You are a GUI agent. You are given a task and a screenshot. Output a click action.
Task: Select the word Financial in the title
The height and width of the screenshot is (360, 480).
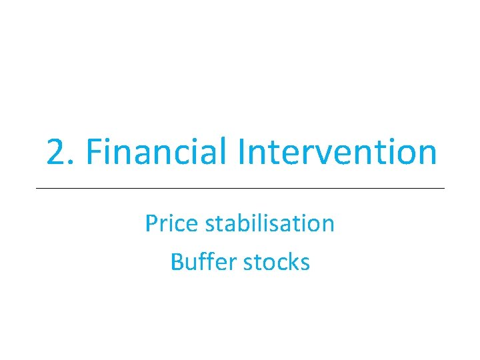159,152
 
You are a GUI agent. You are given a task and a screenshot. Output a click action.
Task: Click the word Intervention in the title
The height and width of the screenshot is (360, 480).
337,152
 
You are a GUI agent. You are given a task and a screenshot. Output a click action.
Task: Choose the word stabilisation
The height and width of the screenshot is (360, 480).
270,223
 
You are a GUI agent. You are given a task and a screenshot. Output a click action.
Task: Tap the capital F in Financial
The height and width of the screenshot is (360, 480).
93,152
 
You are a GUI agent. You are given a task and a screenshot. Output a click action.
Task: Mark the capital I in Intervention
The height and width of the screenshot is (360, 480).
242,152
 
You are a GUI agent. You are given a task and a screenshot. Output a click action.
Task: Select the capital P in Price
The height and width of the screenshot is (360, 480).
151,223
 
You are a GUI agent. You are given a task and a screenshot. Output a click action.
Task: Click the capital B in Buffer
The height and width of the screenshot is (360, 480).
177,262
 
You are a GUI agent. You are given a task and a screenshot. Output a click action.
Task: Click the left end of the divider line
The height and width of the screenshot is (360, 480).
36,189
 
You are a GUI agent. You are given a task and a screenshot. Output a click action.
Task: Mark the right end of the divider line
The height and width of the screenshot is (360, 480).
444,189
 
